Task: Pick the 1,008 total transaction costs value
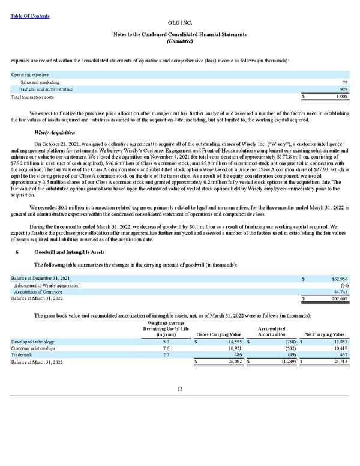[x=341, y=97]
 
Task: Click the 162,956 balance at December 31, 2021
[x=339, y=279]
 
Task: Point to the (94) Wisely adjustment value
[x=343, y=286]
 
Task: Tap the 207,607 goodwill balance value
[x=339, y=299]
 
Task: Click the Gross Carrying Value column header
[x=218, y=334]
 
